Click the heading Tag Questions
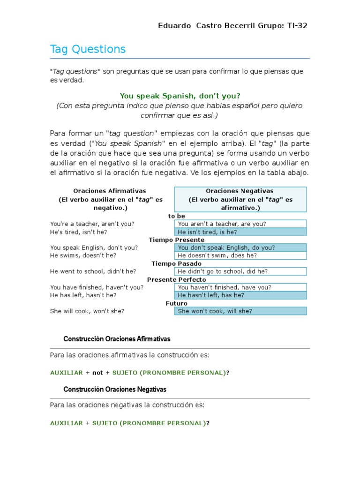(88, 49)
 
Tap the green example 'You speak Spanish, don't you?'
(180, 96)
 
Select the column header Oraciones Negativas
(240, 191)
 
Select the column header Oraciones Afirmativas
(110, 191)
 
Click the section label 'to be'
(177, 216)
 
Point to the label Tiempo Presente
(177, 240)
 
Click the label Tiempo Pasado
(177, 264)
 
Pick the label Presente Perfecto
(177, 280)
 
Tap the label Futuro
(177, 303)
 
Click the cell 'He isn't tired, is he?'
(240, 232)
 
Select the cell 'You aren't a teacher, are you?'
(240, 224)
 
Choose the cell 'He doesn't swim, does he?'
(240, 255)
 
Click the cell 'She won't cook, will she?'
(240, 311)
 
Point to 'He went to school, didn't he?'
(93, 271)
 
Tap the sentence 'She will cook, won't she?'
(87, 311)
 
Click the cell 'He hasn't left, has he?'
(240, 295)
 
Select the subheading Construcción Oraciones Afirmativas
(117, 339)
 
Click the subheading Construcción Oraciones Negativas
(115, 390)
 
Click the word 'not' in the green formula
(97, 373)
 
